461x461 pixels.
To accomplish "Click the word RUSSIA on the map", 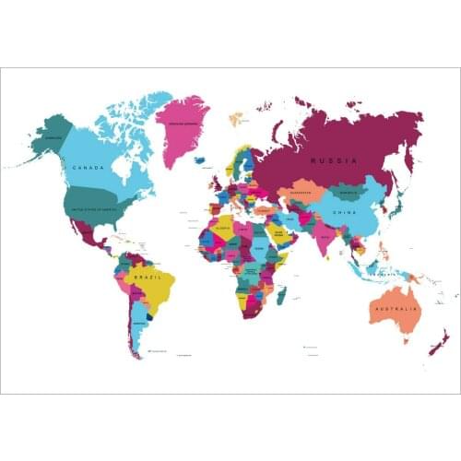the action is (333, 160).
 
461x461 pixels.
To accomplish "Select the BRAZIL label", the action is (148, 276).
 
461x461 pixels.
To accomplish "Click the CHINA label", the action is (344, 212).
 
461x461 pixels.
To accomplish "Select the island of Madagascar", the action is (281, 294).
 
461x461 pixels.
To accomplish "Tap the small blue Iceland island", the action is (200, 160).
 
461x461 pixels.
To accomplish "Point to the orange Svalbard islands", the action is (236, 118).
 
